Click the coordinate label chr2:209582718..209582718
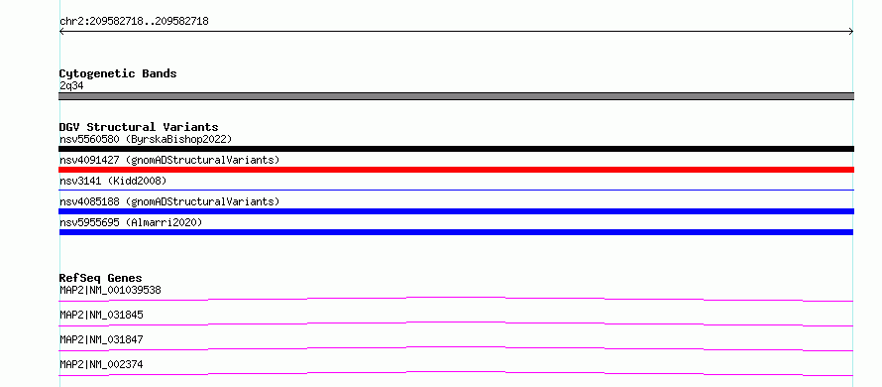tap(134, 22)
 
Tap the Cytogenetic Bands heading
tap(118, 73)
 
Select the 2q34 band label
tap(71, 85)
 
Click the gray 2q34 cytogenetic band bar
tap(456, 96)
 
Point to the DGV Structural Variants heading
tap(139, 127)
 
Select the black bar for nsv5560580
tap(456, 149)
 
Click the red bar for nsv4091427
tap(456, 170)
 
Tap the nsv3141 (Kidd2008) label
tap(113, 181)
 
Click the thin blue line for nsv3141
tap(456, 190)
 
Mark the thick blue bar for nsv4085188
tap(456, 211)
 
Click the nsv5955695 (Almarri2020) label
tap(131, 222)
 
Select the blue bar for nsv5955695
tap(456, 232)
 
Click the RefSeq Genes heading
tap(100, 278)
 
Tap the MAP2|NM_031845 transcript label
tap(101, 315)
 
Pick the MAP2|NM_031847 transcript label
tap(101, 339)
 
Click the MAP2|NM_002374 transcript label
tap(101, 364)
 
